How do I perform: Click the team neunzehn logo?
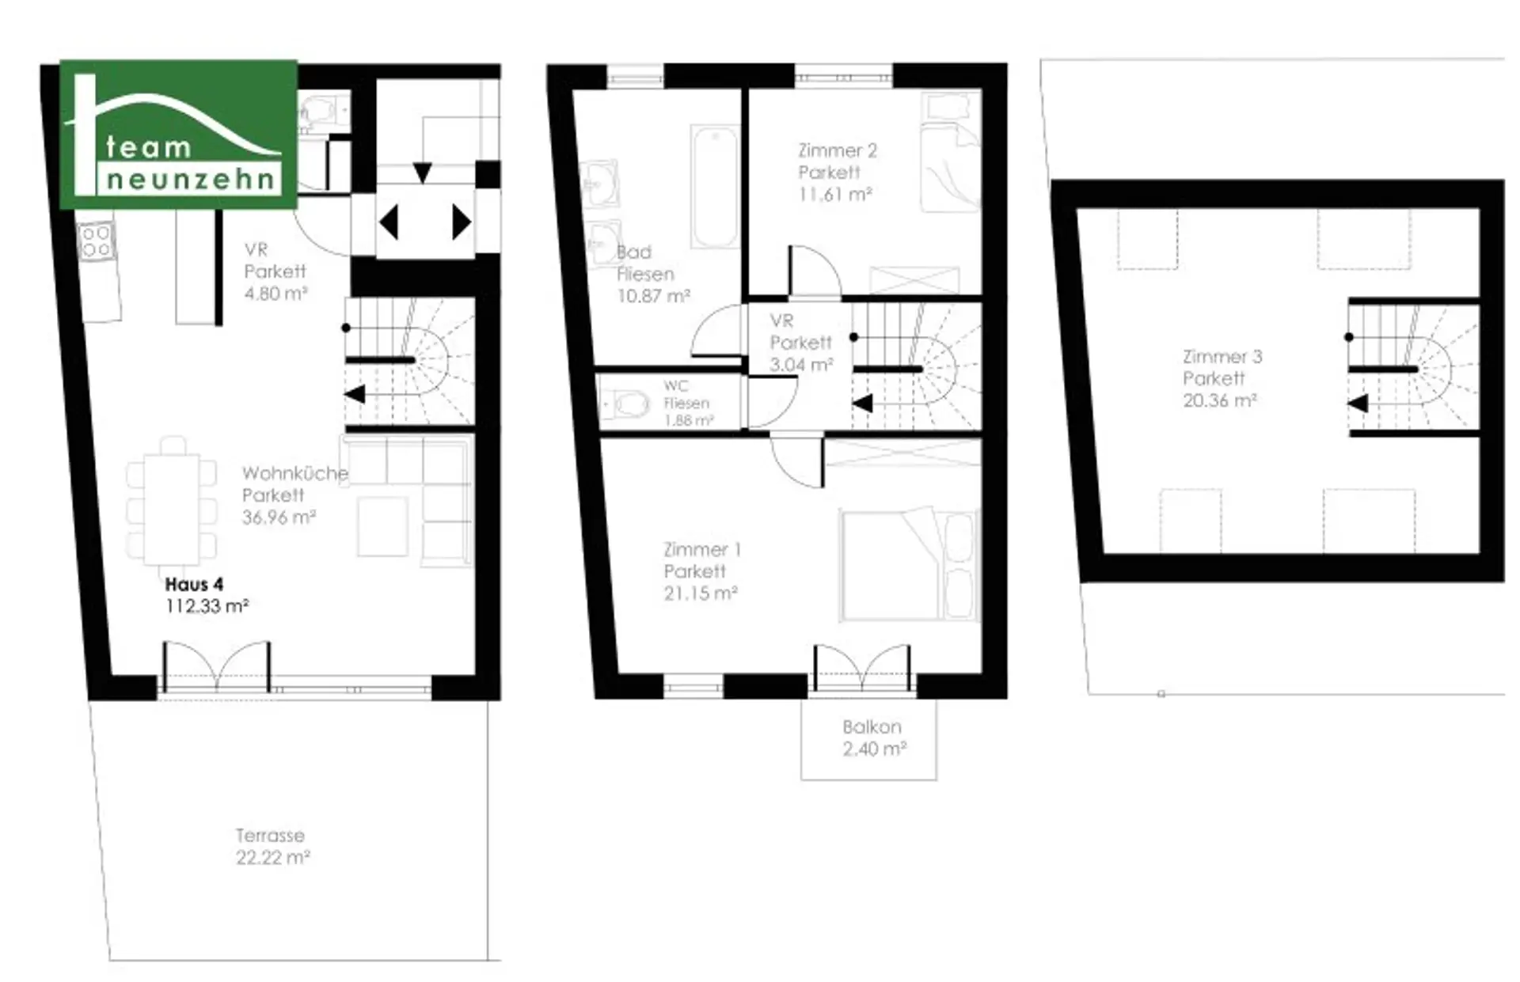click(x=179, y=135)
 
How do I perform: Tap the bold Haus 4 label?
click(x=194, y=585)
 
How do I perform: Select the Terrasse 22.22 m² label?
click(x=272, y=846)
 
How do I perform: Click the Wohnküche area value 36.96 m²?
click(x=279, y=518)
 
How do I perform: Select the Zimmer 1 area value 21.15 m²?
click(x=701, y=593)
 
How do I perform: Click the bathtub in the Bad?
click(x=715, y=186)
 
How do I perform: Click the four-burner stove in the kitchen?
click(x=96, y=241)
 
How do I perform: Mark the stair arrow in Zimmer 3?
click(x=1358, y=404)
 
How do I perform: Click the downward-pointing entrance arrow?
click(x=423, y=173)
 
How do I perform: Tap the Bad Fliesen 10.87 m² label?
click(x=652, y=274)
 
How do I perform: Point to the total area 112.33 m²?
click(x=207, y=606)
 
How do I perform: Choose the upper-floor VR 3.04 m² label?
click(x=801, y=343)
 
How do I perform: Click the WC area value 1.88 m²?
click(x=689, y=421)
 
